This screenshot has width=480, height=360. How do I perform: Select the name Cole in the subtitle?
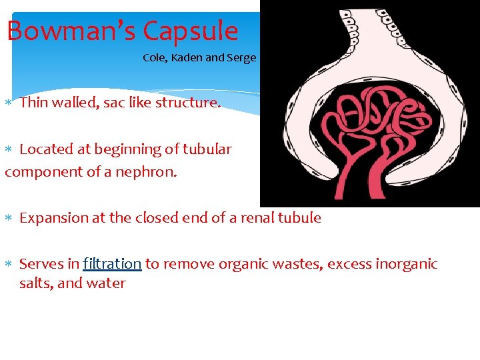coord(154,57)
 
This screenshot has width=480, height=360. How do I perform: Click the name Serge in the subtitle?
coord(241,57)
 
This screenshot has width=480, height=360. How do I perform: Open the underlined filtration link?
coord(112,264)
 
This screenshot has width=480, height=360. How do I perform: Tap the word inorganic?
coord(405,264)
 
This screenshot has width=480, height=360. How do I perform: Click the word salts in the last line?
coord(36,283)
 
